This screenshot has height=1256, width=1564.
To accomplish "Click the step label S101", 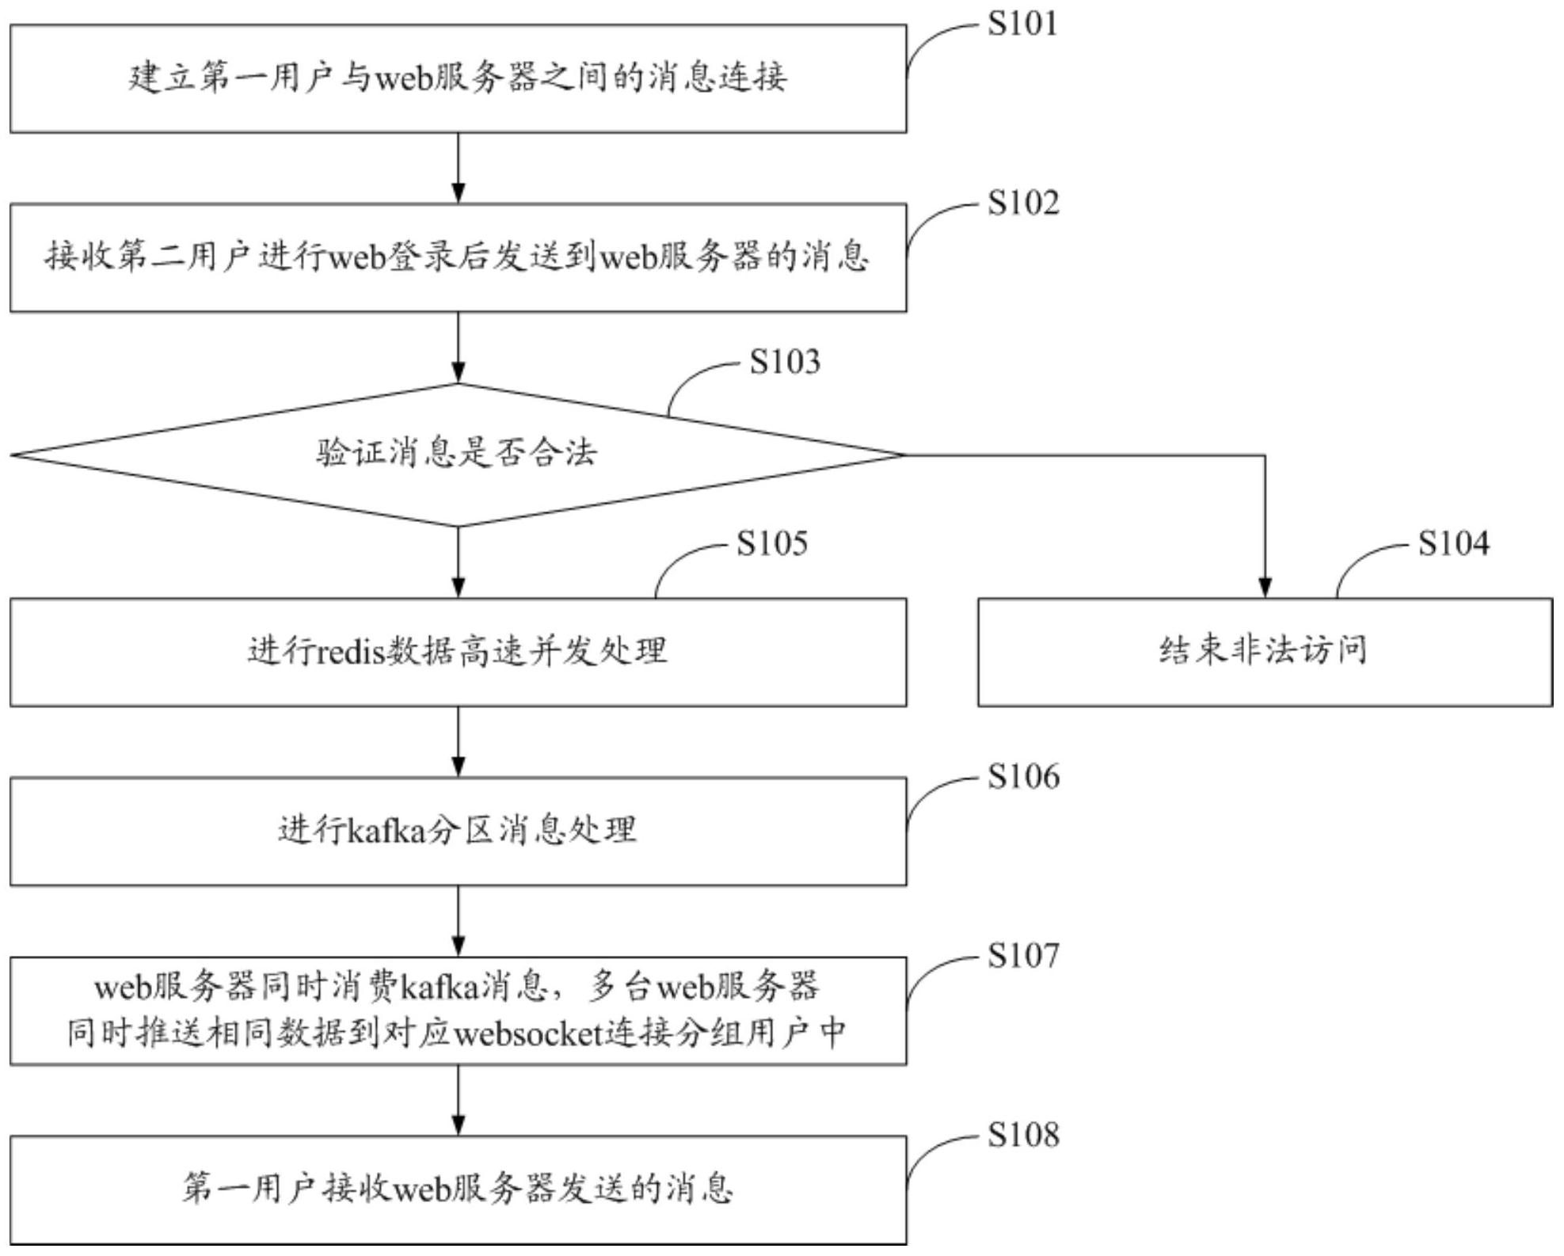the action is tap(1022, 24).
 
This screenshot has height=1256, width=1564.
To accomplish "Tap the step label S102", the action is tap(1022, 204).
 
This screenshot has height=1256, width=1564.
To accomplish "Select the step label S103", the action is tap(785, 362).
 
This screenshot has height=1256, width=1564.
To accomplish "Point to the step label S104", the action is tap(1453, 543).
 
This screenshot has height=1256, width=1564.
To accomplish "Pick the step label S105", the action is tap(772, 543).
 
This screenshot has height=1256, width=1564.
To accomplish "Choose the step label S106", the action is tap(1022, 777).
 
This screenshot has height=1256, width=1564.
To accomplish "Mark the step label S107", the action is tap(1022, 956).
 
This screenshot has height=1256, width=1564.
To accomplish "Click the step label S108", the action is tap(1022, 1136).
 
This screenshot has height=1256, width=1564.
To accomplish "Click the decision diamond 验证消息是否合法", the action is tap(458, 455).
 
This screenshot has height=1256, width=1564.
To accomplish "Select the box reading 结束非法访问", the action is tap(1265, 652).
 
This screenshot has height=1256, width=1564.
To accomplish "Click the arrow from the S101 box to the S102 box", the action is tap(458, 168).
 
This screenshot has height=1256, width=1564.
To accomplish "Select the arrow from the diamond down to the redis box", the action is tap(458, 561).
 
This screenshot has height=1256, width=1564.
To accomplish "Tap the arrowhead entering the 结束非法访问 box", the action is tap(1265, 588).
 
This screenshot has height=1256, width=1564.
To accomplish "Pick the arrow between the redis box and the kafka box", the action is tap(458, 742).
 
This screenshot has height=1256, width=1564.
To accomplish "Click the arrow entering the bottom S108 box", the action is tap(458, 1101).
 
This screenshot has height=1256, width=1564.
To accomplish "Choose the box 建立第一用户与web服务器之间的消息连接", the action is tap(458, 78).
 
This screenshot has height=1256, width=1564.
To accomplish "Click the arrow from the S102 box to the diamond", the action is tap(458, 348).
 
